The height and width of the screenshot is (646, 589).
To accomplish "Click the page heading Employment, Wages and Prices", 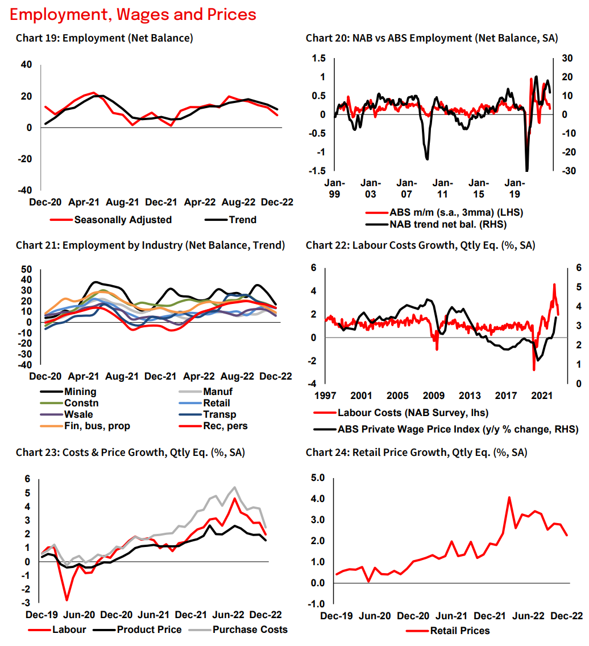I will pos(133,14).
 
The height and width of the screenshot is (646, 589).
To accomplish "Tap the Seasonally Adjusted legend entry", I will pos(122,220).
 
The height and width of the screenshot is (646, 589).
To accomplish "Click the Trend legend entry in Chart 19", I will pos(243,220).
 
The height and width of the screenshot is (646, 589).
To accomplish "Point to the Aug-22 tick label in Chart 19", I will pos(238,201).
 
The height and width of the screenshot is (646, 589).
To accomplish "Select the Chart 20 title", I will pos(432,39).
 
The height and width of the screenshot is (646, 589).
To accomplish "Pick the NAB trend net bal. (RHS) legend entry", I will pos(447,224).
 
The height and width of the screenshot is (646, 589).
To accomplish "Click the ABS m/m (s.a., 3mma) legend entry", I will pos(455,212).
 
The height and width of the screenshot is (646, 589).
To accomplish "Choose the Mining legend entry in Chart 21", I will pos(80,392).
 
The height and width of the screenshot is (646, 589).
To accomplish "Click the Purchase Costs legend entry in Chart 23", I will pos(250,629).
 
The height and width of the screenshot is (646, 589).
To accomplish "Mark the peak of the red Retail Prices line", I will pos(509,497).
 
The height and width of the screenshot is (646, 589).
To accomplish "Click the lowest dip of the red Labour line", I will pos(67,600).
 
